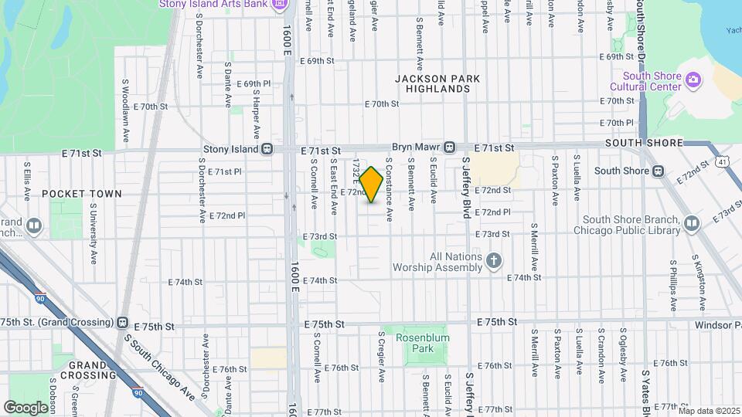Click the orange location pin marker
click(372, 184)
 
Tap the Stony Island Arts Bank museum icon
click(279, 5)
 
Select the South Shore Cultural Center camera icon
click(693, 79)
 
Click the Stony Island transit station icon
click(267, 148)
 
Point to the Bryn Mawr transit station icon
click(449, 147)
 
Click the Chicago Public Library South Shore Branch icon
click(692, 224)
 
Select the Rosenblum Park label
click(422, 343)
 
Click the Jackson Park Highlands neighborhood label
click(437, 83)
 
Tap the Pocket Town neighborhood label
click(82, 194)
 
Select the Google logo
click(26, 407)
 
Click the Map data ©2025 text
click(709, 411)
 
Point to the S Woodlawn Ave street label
click(125, 109)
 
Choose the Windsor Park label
click(717, 326)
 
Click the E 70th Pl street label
click(618, 122)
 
